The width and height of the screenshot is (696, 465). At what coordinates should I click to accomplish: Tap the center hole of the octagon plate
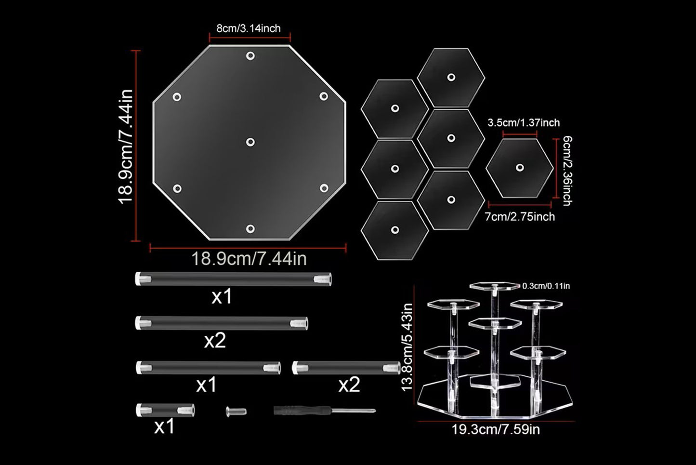[x=250, y=142]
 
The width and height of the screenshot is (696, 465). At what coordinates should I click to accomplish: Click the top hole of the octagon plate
[x=250, y=56]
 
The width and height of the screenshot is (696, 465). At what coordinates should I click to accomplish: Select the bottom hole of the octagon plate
[x=250, y=229]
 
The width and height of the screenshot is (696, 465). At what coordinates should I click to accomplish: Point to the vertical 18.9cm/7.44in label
[x=126, y=146]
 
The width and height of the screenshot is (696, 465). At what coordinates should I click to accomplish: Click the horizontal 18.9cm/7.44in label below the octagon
[x=249, y=259]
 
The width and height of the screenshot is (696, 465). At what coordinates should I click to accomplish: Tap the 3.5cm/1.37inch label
[x=524, y=123]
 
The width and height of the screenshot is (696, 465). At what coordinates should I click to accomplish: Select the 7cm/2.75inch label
[x=520, y=217]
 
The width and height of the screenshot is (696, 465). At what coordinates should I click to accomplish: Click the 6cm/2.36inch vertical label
[x=567, y=171]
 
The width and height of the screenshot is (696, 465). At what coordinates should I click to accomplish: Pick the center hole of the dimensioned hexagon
[x=519, y=168]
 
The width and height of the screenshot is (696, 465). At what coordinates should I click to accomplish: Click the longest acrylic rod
[x=233, y=279]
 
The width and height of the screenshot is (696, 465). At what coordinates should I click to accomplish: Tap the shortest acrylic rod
[x=165, y=410]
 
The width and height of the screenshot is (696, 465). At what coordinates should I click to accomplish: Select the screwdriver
[x=325, y=411]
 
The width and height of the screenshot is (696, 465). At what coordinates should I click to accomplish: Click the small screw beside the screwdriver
[x=236, y=412]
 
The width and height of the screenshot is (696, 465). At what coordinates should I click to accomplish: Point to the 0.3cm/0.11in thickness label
[x=546, y=286]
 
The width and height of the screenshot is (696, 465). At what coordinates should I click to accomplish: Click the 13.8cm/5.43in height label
[x=407, y=347]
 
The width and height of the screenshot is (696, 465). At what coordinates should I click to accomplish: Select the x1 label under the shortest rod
[x=165, y=427]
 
